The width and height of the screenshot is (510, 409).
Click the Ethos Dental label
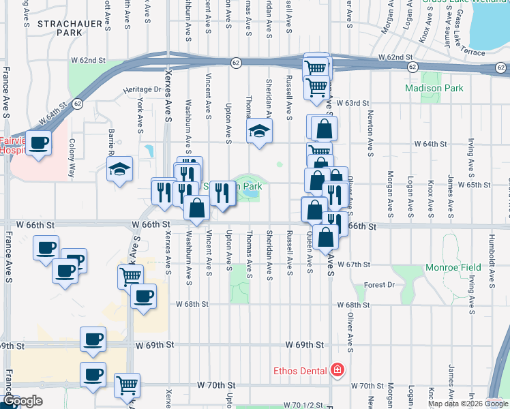click(x=301, y=371)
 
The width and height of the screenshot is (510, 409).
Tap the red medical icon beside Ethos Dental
click(x=336, y=371)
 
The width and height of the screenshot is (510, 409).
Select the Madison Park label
click(x=434, y=88)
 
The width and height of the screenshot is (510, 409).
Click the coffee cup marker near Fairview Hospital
click(x=38, y=143)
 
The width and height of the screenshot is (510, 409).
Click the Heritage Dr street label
click(x=142, y=89)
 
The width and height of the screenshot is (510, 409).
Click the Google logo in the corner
click(x=22, y=401)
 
